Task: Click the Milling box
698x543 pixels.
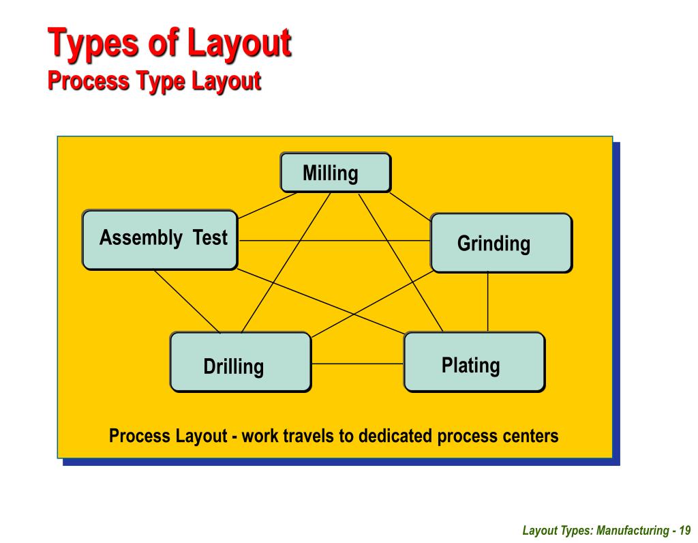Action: click(x=335, y=173)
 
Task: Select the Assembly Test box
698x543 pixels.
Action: click(x=160, y=239)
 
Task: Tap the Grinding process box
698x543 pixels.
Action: click(x=501, y=243)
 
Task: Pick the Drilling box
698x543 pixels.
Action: click(x=240, y=362)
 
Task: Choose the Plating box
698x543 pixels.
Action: click(x=474, y=362)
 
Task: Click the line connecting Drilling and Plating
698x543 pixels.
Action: click(x=357, y=364)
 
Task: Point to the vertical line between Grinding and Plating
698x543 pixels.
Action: click(x=487, y=302)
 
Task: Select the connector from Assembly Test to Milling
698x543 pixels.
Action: click(x=267, y=205)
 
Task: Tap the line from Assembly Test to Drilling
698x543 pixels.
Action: click(x=187, y=301)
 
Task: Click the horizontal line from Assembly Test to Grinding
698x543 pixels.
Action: click(x=334, y=241)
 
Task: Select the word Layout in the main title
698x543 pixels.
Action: click(x=239, y=42)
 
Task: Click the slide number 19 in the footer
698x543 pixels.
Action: click(x=685, y=530)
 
